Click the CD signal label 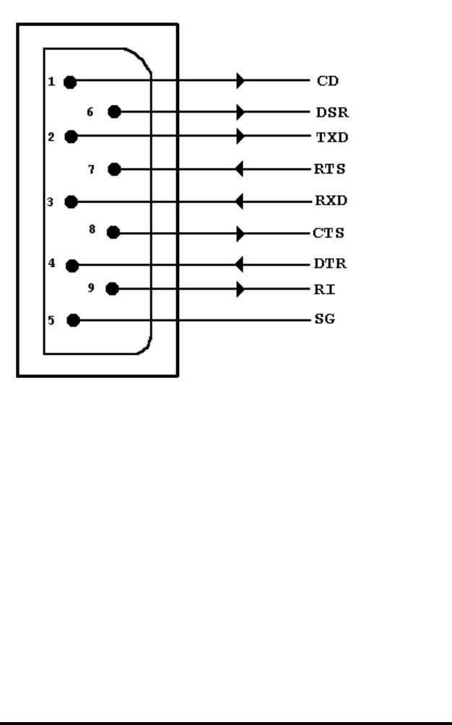(325, 81)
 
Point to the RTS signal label (329, 170)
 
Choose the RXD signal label (330, 201)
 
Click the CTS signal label (328, 233)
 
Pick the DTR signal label (329, 265)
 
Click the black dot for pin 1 (70, 82)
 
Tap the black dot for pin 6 (113, 112)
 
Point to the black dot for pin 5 (71, 320)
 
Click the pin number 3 (51, 202)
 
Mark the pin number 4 (51, 264)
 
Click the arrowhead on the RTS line (240, 171)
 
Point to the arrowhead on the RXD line (240, 202)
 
